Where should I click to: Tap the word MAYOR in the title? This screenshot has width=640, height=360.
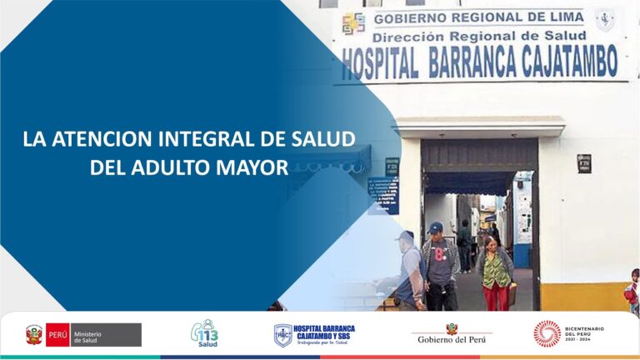tap(251, 166)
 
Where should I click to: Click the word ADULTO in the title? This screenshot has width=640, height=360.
tap(170, 166)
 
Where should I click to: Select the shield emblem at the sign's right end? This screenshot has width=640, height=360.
tap(605, 19)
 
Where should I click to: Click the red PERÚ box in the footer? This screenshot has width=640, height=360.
tap(58, 334)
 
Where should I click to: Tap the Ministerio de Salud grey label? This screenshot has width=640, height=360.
tap(106, 334)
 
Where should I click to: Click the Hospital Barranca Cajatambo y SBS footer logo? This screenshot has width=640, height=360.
tap(315, 334)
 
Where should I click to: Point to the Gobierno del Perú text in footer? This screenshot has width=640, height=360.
tap(452, 337)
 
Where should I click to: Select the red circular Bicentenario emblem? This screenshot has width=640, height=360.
tap(547, 333)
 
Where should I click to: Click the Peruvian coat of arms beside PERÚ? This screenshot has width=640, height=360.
tap(34, 334)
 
